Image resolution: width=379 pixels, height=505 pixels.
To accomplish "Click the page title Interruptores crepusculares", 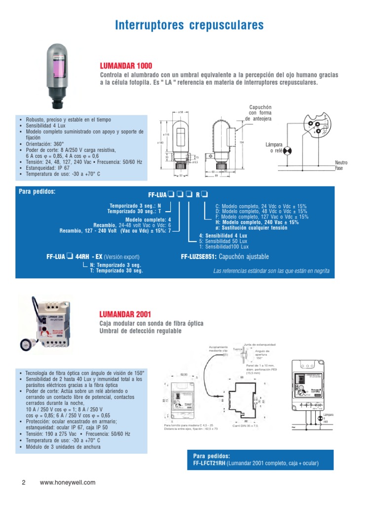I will [x=189, y=25].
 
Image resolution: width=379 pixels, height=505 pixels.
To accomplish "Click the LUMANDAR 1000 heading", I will [x=126, y=66].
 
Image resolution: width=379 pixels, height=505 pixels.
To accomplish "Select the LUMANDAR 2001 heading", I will [x=125, y=314].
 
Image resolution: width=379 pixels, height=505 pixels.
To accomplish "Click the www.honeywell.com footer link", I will [x=67, y=483].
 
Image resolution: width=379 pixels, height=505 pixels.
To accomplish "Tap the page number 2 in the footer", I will [x=23, y=483].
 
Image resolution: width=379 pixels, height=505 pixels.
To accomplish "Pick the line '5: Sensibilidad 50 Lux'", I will [x=223, y=241].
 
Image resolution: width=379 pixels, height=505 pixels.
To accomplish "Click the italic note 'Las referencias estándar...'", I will [x=271, y=271].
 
